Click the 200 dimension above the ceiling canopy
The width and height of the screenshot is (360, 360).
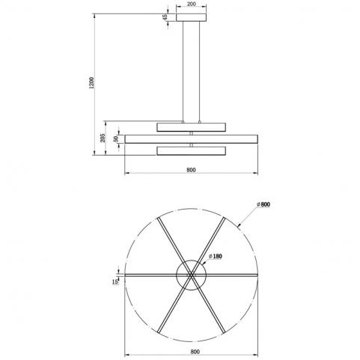pos(192,4)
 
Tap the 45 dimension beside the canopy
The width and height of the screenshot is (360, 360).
pos(165,17)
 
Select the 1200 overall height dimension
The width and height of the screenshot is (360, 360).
pos(92,83)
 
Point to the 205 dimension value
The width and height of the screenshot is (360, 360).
pos(103,138)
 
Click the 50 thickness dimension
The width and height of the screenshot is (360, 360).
pos(116,139)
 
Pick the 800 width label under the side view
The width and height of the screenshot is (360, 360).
pos(191,170)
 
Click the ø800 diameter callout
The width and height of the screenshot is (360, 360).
pos(263,204)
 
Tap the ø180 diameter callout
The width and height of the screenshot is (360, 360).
pos(216,256)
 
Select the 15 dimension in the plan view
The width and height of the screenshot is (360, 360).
pos(115,282)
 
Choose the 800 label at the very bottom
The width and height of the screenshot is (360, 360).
pos(195,352)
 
